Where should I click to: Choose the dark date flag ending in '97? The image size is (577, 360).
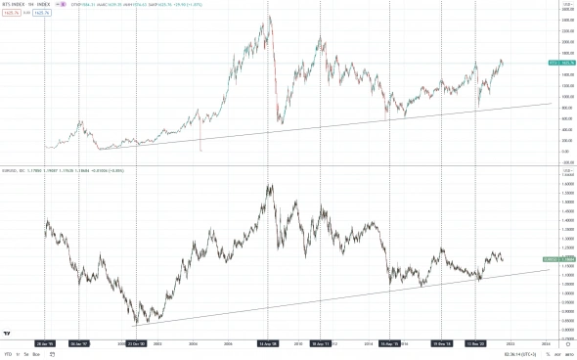[x=80, y=343]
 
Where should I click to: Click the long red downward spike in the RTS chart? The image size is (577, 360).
[x=200, y=137]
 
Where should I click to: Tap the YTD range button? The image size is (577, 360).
[x=8, y=354]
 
